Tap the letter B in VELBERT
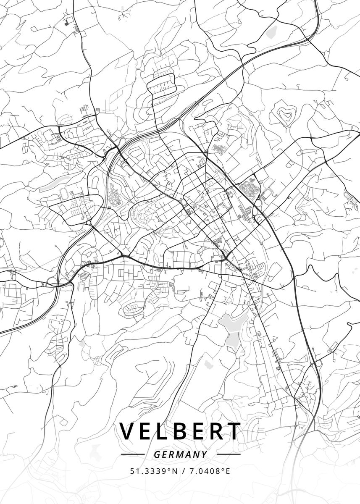point(184,431)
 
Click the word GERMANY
point(180,454)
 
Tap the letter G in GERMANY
point(156,454)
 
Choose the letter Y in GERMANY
point(204,454)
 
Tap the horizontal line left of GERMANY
point(132,454)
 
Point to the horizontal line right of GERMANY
point(228,454)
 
